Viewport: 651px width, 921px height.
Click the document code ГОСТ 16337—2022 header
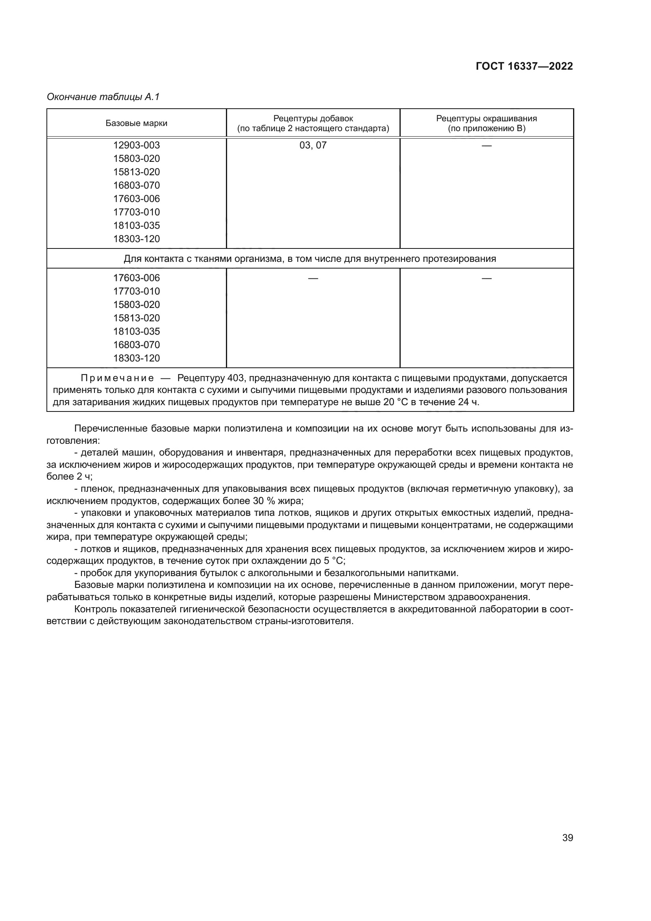524,66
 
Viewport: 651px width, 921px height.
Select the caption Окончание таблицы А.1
103,97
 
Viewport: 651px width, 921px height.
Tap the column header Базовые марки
136,123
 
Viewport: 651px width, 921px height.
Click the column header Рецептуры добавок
313,119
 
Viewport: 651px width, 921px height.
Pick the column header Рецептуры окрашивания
486,119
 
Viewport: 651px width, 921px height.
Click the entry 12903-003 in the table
136,145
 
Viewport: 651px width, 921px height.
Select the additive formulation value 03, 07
313,145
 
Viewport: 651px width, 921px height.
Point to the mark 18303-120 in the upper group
136,239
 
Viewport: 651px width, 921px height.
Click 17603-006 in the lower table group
136,278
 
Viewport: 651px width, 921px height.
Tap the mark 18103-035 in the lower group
136,331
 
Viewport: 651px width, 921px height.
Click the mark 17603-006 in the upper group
136,198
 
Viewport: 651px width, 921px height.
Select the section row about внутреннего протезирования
309,259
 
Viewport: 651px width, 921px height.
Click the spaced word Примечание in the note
117,378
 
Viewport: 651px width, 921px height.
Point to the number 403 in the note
235,378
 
